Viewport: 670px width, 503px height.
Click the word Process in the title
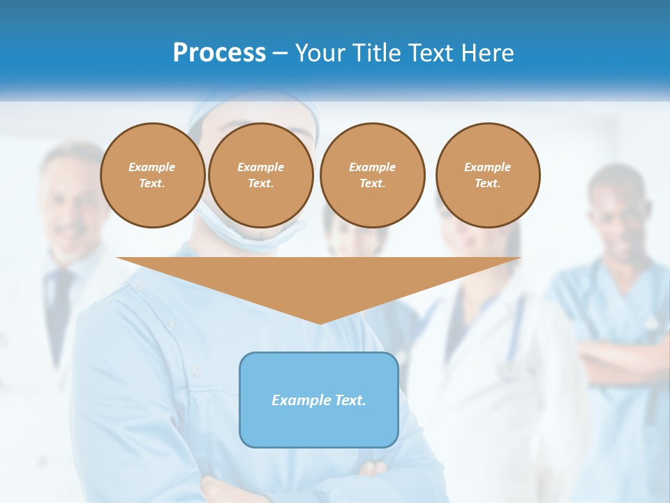[219, 52]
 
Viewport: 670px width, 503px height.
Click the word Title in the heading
[374, 52]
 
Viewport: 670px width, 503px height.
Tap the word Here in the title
[486, 52]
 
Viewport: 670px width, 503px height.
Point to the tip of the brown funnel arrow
[320, 322]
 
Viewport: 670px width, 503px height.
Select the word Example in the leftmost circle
[152, 167]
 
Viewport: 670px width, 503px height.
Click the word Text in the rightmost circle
[488, 183]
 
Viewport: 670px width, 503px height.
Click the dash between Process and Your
[281, 52]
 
